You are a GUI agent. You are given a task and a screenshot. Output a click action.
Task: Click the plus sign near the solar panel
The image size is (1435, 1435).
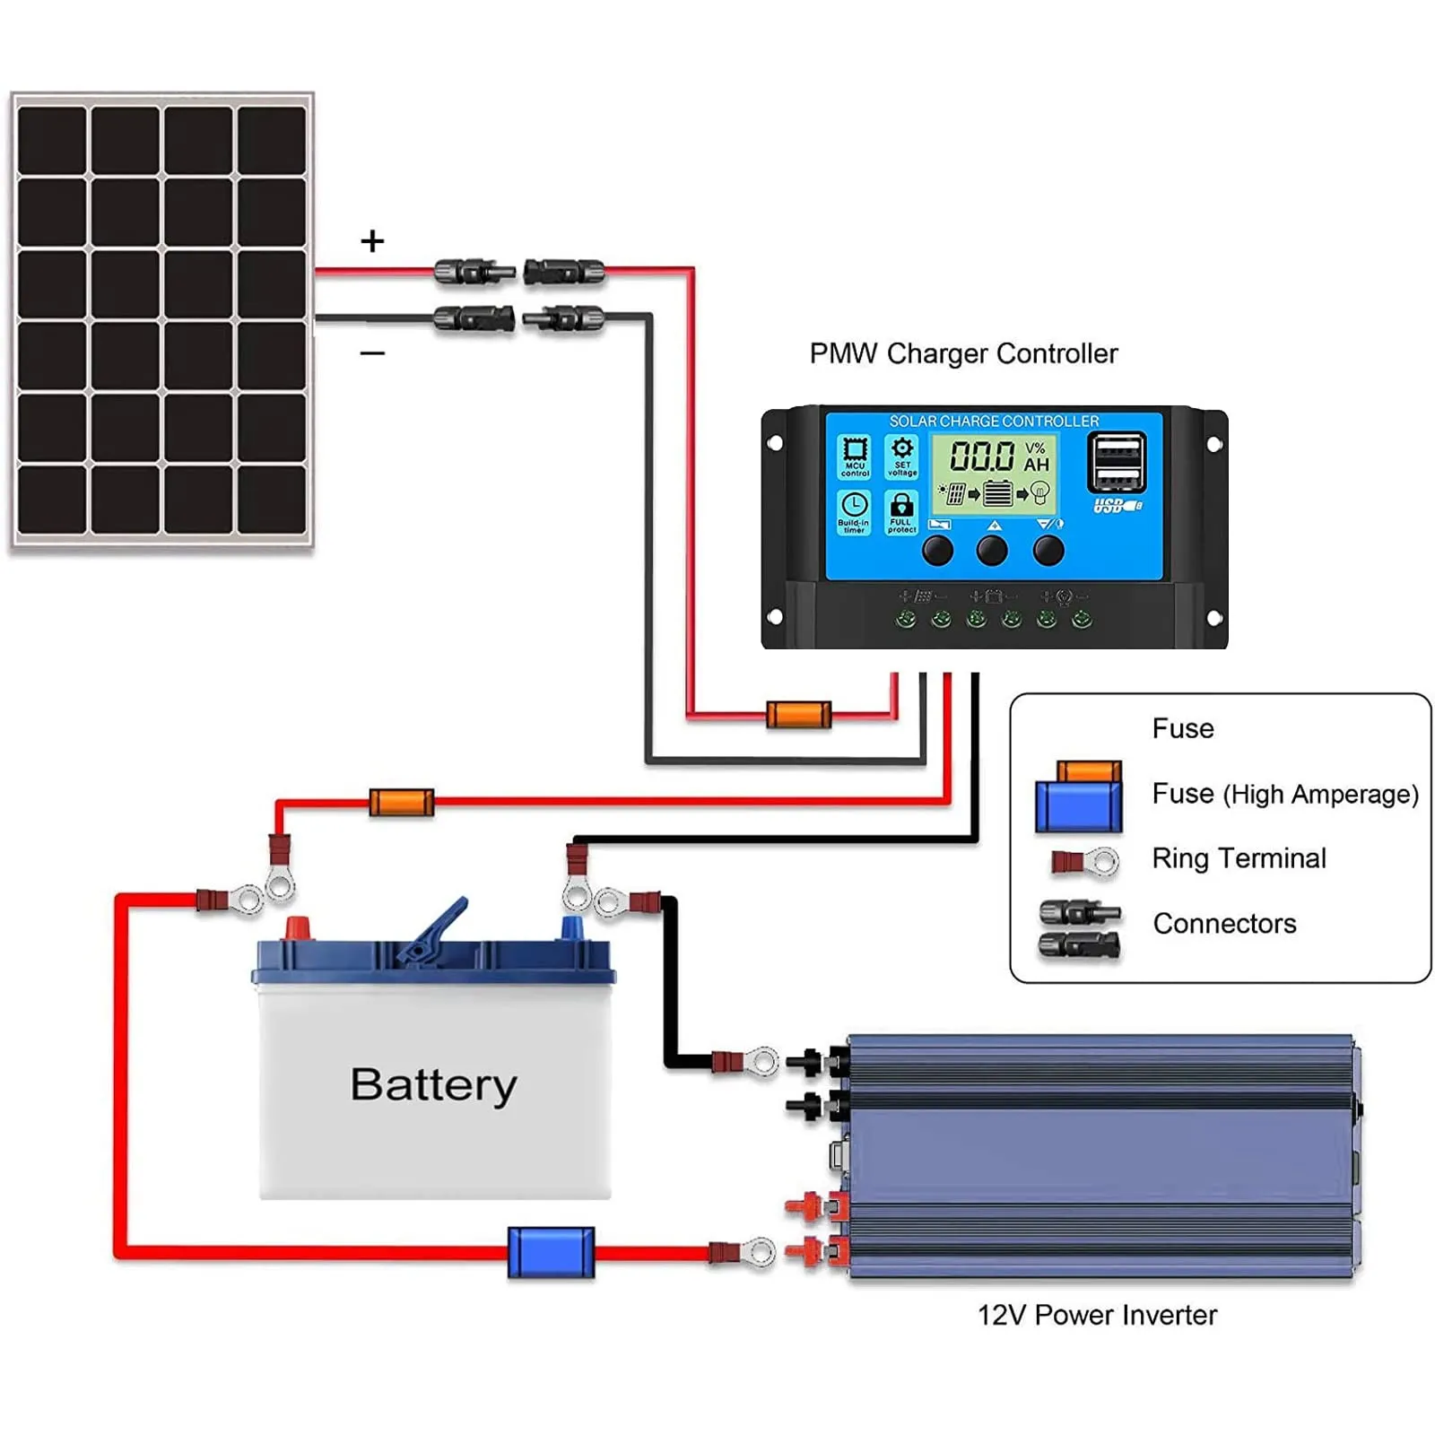[372, 240]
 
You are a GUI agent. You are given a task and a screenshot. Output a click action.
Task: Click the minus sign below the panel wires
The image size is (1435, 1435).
[372, 353]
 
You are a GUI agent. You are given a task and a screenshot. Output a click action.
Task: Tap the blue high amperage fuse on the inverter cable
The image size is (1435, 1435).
[551, 1252]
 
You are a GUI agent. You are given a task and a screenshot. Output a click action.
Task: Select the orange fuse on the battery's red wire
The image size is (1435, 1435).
[402, 803]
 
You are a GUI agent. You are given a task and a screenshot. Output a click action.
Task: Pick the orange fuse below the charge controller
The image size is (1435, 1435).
[798, 715]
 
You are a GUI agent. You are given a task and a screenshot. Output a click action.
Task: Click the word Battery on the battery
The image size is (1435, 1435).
[433, 1085]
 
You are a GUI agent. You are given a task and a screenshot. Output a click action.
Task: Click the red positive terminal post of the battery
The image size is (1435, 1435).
[297, 929]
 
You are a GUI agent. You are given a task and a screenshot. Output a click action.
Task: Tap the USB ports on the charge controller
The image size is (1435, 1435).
[1117, 463]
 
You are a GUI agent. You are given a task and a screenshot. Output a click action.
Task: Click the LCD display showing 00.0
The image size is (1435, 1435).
[993, 473]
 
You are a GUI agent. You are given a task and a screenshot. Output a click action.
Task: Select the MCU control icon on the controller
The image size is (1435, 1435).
[855, 456]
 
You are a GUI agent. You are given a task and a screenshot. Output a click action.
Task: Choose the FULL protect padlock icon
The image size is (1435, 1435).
[901, 512]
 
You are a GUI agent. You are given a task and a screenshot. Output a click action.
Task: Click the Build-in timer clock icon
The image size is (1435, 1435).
[854, 512]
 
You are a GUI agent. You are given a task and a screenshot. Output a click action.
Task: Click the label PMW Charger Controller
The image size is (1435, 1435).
[963, 353]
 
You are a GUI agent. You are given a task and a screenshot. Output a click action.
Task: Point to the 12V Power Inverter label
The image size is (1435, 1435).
[1097, 1315]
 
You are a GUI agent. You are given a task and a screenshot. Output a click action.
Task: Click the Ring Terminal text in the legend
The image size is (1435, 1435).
[1239, 858]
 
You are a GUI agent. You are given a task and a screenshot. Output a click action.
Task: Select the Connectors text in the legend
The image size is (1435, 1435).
[1224, 924]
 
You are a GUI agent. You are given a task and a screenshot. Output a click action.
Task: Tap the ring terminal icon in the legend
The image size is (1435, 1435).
[1086, 863]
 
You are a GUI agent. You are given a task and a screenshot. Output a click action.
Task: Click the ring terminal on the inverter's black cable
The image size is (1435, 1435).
[746, 1063]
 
